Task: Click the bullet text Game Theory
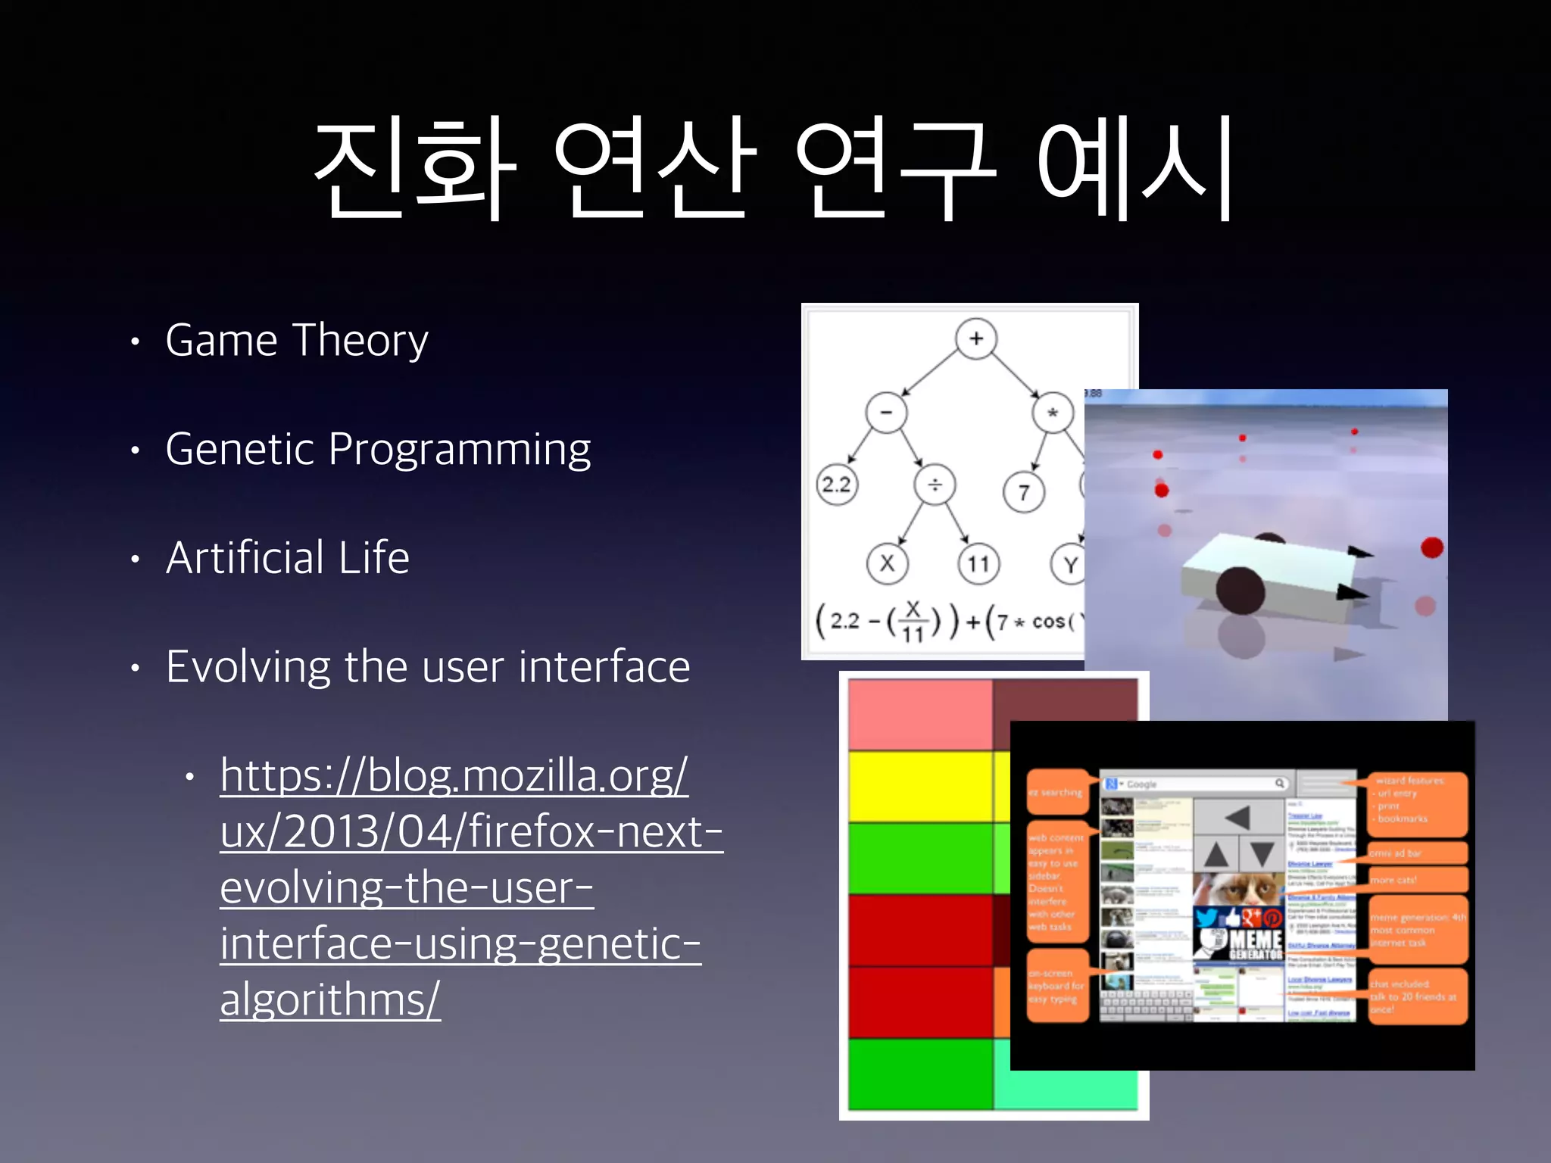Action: (297, 341)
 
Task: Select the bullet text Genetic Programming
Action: (377, 450)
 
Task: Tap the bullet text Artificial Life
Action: (288, 558)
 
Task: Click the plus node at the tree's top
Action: (975, 338)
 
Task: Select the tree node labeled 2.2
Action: (836, 485)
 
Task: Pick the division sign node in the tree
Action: (935, 485)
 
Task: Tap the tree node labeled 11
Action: (978, 564)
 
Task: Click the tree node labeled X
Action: (887, 563)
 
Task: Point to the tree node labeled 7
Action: (1023, 492)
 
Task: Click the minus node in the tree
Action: (886, 413)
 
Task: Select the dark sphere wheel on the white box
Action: (1240, 590)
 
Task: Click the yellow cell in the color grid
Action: (920, 786)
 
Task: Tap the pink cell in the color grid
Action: (920, 714)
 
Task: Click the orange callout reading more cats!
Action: (1416, 880)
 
